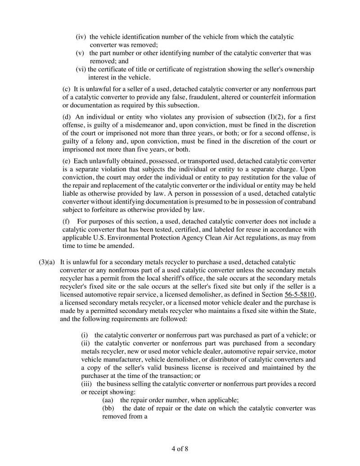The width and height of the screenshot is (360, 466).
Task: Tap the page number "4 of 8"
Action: click(x=180, y=449)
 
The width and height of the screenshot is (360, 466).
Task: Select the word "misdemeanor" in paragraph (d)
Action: click(x=186, y=124)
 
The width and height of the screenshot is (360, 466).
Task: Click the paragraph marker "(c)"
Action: click(x=66, y=89)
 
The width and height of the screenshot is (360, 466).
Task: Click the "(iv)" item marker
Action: click(x=81, y=37)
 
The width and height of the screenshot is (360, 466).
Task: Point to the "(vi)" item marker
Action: click(x=81, y=69)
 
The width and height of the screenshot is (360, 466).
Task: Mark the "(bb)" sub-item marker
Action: click(x=109, y=408)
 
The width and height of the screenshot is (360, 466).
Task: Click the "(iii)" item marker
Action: click(x=87, y=383)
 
